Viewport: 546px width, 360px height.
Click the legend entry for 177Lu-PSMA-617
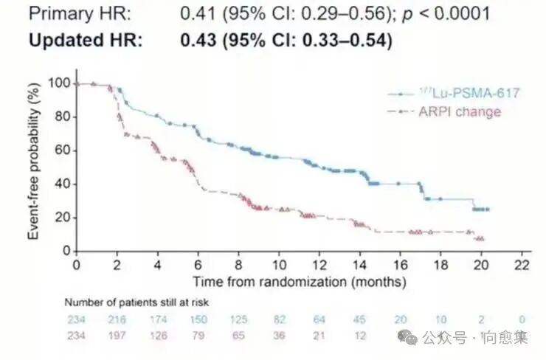[454, 94]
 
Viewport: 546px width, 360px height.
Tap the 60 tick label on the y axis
[59, 150]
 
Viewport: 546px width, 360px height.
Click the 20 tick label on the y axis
[59, 218]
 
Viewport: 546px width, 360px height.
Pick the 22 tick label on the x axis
[522, 264]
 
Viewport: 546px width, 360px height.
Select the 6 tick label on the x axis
[198, 264]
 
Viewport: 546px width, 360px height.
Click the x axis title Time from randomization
[299, 281]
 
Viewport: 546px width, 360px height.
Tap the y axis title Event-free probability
[33, 166]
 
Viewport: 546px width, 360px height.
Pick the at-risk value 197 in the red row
[117, 335]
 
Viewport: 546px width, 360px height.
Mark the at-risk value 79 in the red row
[198, 335]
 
